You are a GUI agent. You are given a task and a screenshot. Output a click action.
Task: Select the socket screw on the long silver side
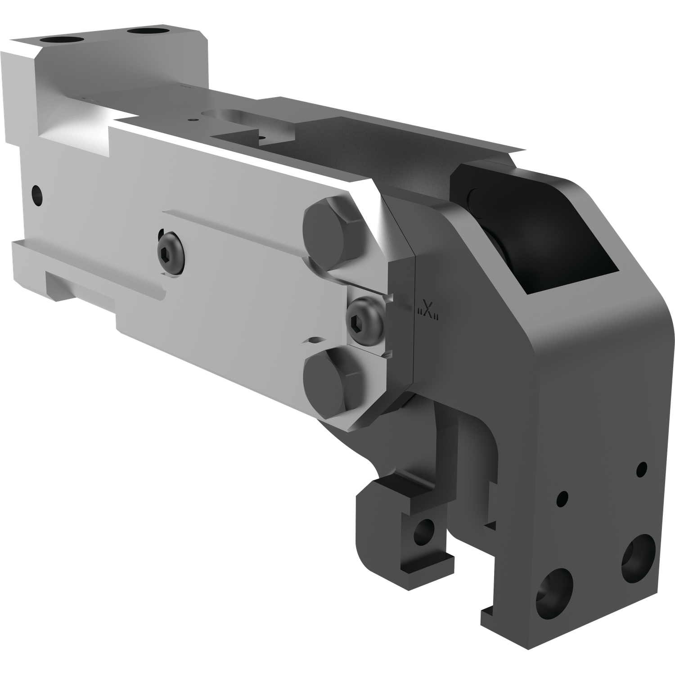click(171, 251)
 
